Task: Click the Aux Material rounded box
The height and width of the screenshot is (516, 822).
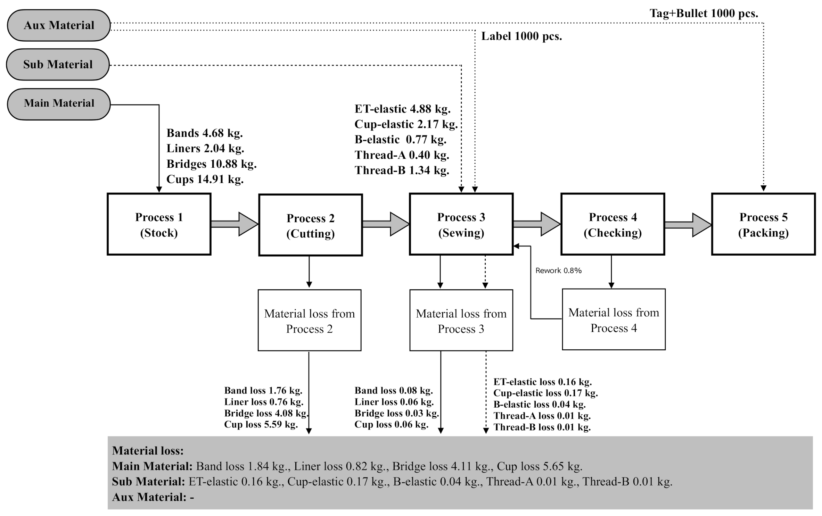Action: pos(59,25)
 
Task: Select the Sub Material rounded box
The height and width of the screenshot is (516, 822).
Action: pos(58,65)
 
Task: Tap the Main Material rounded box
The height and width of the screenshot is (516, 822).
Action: pos(59,104)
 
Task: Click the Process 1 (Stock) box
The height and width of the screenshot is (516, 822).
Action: pos(159,224)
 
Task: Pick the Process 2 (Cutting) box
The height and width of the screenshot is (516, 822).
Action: pos(310,225)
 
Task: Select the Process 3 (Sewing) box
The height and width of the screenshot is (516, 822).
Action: pos(461,224)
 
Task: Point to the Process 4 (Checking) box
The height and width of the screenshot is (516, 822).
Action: pos(613,224)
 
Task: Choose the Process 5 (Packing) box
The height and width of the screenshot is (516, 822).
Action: pos(763,224)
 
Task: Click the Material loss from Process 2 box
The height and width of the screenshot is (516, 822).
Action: pos(309,321)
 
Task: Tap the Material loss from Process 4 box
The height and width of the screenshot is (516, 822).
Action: pos(614,319)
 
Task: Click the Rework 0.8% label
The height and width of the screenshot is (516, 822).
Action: pos(558,271)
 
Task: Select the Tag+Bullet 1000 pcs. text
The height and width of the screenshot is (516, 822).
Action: pos(704,14)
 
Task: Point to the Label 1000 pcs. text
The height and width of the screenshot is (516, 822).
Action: pos(521,36)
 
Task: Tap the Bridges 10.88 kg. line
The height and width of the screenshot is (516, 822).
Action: pos(211,164)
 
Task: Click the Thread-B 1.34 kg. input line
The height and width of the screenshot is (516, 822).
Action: pos(402,170)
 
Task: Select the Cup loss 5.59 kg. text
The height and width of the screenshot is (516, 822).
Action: pos(261,424)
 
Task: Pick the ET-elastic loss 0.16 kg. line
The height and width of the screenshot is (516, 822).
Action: pos(542,382)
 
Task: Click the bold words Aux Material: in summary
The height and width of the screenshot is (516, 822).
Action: pos(149,497)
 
